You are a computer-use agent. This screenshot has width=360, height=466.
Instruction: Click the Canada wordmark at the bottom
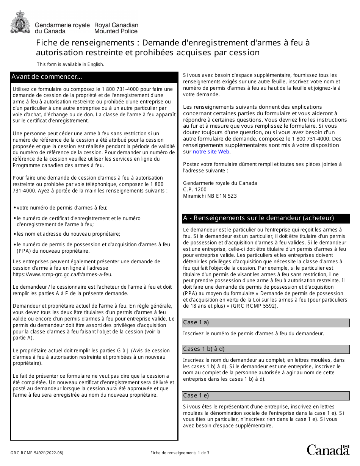(328, 450)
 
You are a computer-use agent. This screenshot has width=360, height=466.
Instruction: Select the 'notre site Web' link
(211, 152)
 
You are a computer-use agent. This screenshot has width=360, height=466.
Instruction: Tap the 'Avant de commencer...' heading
(47, 77)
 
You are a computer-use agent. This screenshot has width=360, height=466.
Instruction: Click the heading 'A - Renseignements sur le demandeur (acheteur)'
(258, 218)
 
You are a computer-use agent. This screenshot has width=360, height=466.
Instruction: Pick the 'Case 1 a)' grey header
(196, 322)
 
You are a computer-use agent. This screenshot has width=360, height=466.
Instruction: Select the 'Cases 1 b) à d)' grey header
(204, 349)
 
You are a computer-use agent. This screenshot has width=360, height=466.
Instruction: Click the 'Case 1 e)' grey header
(196, 396)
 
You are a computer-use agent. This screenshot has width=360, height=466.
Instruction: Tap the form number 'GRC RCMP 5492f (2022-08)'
(34, 453)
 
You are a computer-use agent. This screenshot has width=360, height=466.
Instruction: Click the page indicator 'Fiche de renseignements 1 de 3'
(180, 453)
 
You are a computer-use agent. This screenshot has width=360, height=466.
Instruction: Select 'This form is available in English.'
(70, 64)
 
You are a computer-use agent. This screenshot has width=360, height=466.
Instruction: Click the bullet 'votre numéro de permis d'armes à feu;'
(62, 208)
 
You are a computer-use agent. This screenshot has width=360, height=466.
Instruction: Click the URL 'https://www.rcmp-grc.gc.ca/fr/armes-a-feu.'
(63, 275)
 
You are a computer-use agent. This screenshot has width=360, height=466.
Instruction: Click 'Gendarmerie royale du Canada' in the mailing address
(220, 183)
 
